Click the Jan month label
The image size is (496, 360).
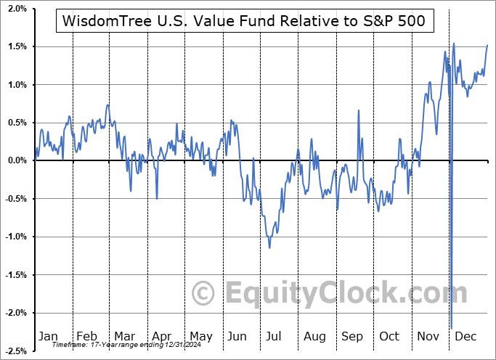47,336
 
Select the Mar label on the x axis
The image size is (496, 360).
123,336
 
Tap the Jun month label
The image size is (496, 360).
237,336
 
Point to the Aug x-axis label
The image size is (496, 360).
314,336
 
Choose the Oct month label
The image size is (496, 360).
390,336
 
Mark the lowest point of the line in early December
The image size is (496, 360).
451,328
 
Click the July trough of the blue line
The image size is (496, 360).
269,247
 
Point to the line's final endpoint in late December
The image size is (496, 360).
487,45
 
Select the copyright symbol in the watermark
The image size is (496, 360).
204,294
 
